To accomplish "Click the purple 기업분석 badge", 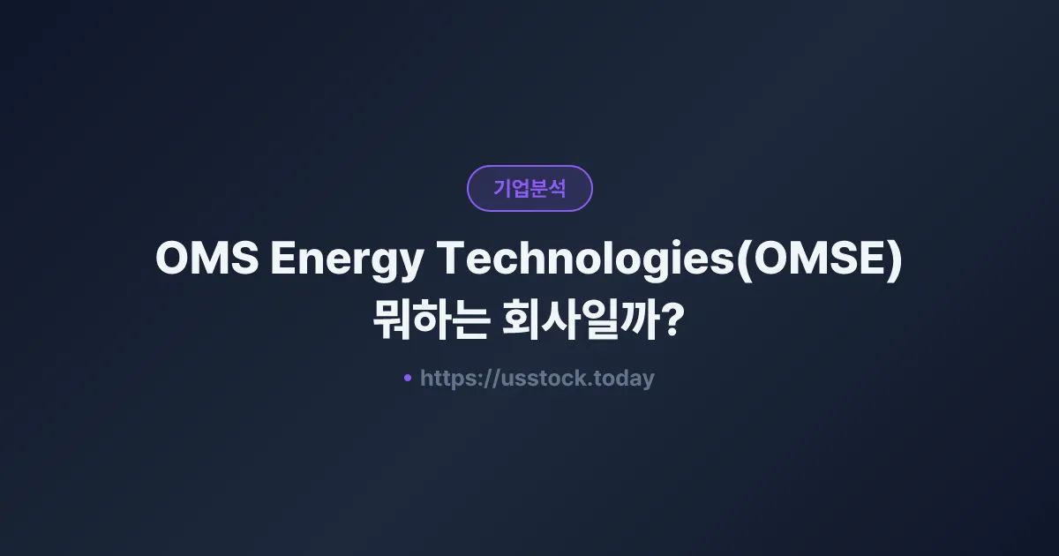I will tap(529, 188).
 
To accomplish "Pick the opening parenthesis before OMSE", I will tap(743, 260).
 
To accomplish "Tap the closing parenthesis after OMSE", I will tap(896, 260).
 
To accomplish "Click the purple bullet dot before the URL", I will tap(408, 378).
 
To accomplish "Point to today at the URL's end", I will tap(625, 379).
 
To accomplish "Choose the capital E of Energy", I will tap(283, 259).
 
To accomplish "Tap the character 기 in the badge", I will tap(502, 188).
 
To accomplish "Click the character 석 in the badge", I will tap(557, 188).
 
